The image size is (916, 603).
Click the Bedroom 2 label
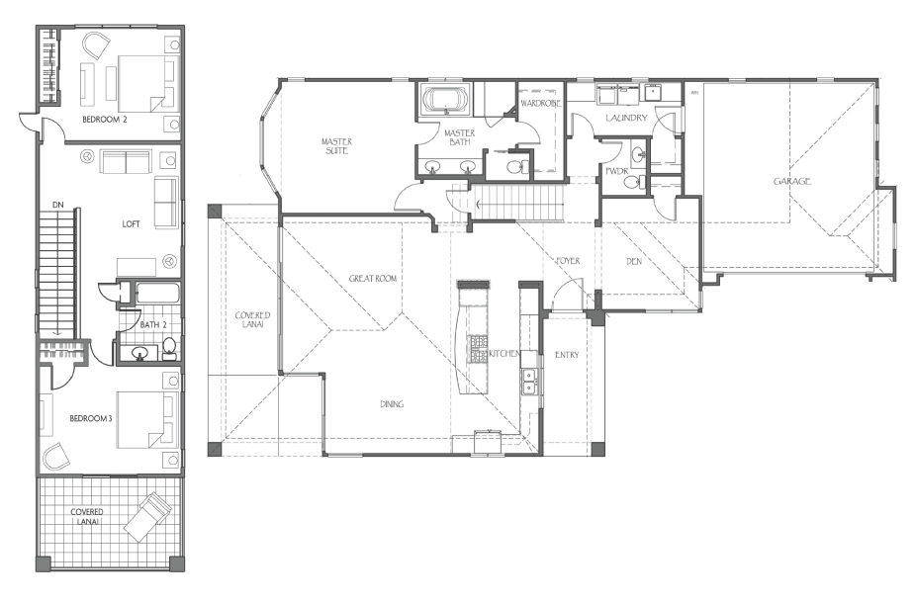[105, 120]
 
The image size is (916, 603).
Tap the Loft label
[131, 224]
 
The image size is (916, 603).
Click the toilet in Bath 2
[169, 347]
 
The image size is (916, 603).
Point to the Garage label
[792, 181]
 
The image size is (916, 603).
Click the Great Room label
[373, 279]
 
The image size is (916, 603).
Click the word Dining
[392, 404]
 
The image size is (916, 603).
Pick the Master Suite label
[336, 146]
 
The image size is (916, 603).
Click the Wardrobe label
[540, 104]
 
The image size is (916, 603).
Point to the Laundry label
[626, 118]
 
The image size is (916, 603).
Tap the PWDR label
[616, 172]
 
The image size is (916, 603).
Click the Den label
[634, 262]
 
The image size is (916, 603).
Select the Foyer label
[567, 261]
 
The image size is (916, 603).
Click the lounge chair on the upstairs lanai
[149, 515]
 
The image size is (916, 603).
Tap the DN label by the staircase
[57, 205]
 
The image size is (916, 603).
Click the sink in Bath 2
[139, 352]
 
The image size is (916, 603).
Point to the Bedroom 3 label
[91, 418]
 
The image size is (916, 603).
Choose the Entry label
[567, 354]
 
